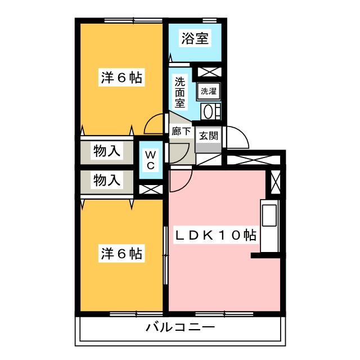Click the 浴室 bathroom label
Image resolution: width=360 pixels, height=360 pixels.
click(195, 38)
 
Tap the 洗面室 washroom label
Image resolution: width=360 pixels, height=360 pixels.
click(180, 92)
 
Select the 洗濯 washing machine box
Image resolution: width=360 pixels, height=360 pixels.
click(209, 91)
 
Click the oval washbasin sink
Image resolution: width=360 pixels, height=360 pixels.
click(208, 112)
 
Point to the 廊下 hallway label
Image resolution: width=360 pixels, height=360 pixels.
click(181, 131)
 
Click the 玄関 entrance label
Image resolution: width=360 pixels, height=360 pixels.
click(208, 136)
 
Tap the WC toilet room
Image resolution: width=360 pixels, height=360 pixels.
click(151, 160)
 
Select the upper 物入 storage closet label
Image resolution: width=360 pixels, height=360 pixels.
click(107, 151)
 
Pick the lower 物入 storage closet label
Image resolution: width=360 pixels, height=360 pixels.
click(107, 180)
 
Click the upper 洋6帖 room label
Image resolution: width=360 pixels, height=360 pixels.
click(121, 78)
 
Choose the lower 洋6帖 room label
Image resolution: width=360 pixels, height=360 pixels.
click(121, 254)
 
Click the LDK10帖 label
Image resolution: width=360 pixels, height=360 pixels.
click(215, 235)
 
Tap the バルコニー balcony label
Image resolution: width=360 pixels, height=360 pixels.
click(180, 327)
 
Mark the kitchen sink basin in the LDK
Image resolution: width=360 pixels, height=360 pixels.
click(269, 215)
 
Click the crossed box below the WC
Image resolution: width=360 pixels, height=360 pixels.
click(151, 190)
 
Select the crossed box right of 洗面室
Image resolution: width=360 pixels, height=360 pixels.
click(209, 72)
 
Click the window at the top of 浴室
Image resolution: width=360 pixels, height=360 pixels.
click(210, 21)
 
